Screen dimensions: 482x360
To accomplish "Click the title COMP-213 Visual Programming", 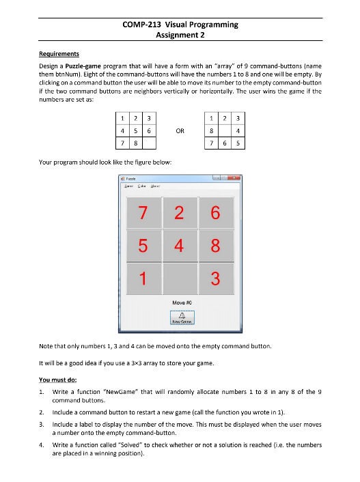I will click(x=180, y=25).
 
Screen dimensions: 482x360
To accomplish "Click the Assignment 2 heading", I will click(x=180, y=35).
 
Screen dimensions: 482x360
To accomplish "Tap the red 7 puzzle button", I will click(x=143, y=213).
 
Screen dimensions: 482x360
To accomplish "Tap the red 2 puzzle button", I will click(x=180, y=213).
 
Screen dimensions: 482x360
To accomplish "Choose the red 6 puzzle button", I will click(x=216, y=213).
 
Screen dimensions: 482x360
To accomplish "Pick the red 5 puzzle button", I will click(x=143, y=246).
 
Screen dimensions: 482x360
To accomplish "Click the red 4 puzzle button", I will click(x=180, y=246).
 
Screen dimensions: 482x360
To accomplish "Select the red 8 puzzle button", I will click(x=216, y=246).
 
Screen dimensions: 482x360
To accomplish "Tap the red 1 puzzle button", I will click(x=143, y=279).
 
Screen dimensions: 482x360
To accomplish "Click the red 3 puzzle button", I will click(x=216, y=279).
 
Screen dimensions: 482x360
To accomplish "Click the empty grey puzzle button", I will click(x=180, y=279).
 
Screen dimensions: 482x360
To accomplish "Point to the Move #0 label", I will click(x=180, y=301).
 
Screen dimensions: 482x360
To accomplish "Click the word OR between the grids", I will click(x=180, y=131).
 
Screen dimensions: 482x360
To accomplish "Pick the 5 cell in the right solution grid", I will click(x=237, y=143).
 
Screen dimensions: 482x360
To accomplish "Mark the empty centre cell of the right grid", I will click(x=225, y=131).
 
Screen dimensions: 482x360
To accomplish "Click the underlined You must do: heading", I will click(x=50, y=379).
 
